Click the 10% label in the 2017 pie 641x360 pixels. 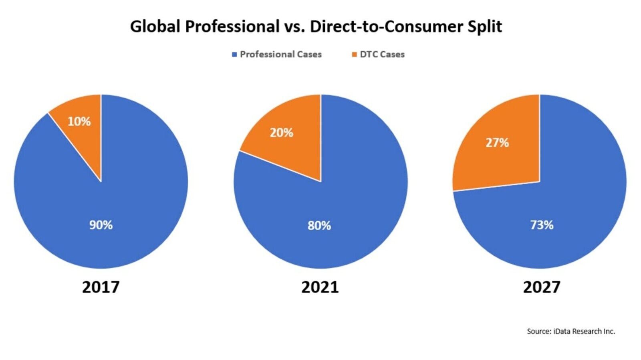coord(79,121)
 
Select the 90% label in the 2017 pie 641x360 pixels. coord(101,225)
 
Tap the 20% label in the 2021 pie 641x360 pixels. coord(281,133)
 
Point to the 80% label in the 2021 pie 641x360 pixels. coord(319,226)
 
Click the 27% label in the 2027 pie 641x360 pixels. coord(497,143)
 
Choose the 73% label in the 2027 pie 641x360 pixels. coord(542,225)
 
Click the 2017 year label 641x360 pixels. coord(101,287)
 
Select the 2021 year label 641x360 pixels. coord(320,287)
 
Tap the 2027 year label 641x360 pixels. coord(541,287)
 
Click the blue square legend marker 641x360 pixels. coord(234,55)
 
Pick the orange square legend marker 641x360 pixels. coord(354,55)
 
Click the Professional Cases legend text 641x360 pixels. coord(280,55)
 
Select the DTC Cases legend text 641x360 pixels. coord(382,55)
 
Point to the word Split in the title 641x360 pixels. coord(485,27)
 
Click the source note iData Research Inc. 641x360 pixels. coord(571,331)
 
